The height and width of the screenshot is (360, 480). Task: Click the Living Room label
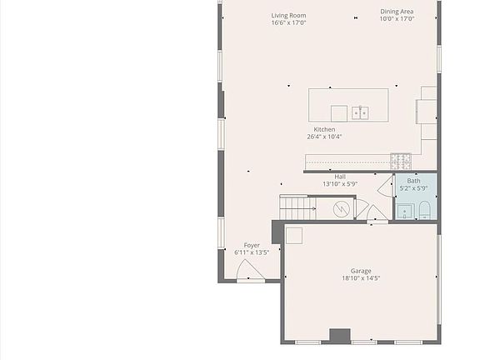[x=288, y=15]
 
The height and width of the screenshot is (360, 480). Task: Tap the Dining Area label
[x=397, y=12]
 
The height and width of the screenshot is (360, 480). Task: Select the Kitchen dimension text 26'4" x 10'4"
[x=324, y=137]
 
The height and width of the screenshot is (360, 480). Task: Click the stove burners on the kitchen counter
[x=401, y=160]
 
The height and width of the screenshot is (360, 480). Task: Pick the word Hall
[x=340, y=177]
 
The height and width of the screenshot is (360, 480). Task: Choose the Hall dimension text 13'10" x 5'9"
[x=340, y=184]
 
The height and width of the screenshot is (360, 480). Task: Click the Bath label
[x=413, y=181]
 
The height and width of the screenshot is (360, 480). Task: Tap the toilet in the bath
[x=423, y=208]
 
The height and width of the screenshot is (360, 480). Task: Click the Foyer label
[x=252, y=245]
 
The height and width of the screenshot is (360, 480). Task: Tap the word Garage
[x=360, y=271]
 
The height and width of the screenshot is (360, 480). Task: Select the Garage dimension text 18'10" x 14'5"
[x=360, y=278]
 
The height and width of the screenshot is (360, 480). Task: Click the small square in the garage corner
[x=294, y=236]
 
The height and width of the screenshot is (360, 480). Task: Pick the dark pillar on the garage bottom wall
[x=339, y=336]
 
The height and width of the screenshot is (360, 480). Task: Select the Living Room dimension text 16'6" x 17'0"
[x=288, y=22]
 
